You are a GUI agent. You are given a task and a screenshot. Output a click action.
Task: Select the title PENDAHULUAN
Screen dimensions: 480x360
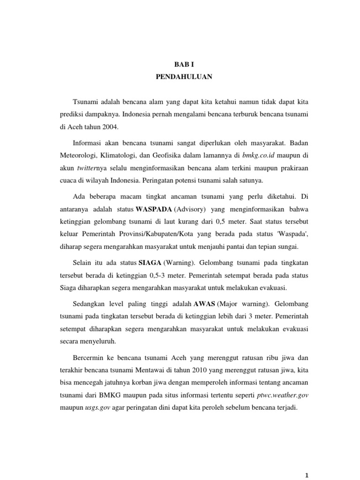pyautogui.click(x=180, y=78)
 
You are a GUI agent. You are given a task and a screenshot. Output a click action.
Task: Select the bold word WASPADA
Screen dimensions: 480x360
pyautogui.click(x=152, y=208)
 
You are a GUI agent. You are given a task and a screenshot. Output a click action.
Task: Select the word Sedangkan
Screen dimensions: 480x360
pyautogui.click(x=90, y=303)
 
